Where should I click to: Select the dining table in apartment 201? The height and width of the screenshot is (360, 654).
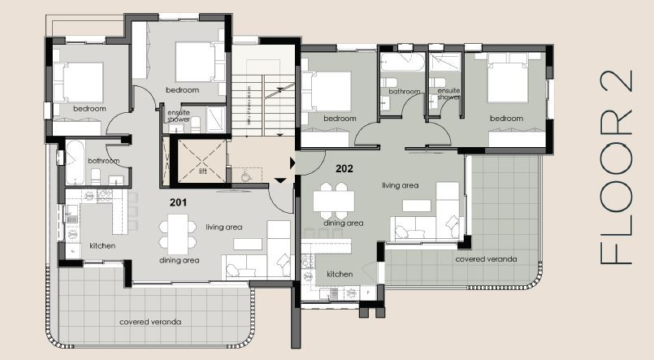click(178, 231)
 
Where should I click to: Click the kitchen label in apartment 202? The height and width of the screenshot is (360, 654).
click(340, 274)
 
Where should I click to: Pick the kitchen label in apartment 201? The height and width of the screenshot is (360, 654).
click(102, 245)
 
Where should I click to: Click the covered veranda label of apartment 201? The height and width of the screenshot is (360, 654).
click(150, 322)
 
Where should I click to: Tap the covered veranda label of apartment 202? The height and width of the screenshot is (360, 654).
click(485, 258)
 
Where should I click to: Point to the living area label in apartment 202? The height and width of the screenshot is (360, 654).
click(400, 185)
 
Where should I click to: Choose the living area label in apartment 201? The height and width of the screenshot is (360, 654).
click(223, 228)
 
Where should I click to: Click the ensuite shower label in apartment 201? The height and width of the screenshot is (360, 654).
click(179, 116)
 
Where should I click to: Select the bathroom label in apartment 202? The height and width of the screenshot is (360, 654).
click(403, 92)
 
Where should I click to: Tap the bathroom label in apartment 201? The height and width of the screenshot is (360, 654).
click(104, 161)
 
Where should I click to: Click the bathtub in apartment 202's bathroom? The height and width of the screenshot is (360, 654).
click(401, 61)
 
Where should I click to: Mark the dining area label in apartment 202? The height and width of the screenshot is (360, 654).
click(343, 223)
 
